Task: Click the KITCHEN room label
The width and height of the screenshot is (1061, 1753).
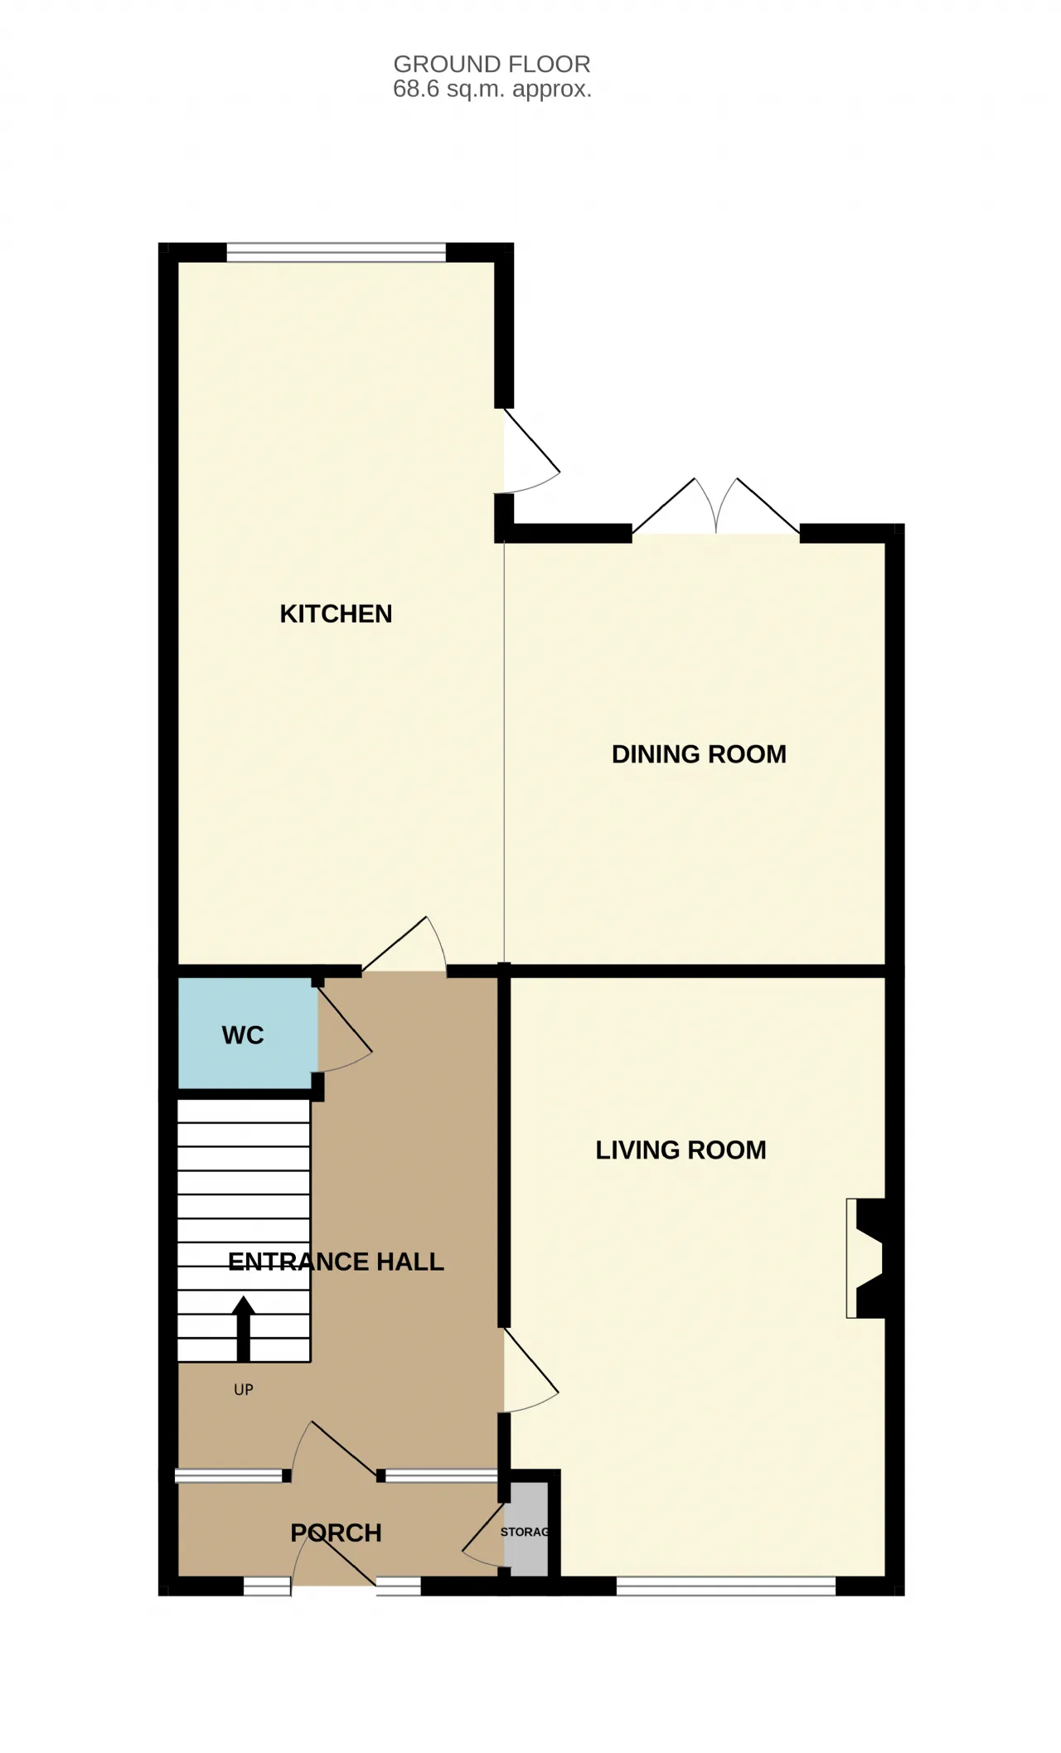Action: click(x=336, y=614)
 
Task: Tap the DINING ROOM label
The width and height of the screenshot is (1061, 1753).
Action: click(x=699, y=754)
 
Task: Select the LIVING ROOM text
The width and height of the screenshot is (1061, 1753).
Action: click(x=681, y=1150)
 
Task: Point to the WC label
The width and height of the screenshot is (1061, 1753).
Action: click(x=243, y=1035)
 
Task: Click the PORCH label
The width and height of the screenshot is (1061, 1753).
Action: click(x=336, y=1533)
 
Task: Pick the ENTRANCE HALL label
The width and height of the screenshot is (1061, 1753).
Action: click(x=336, y=1261)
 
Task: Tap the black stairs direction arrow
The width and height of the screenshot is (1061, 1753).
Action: click(x=243, y=1329)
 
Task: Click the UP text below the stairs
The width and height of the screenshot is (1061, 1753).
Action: click(x=244, y=1390)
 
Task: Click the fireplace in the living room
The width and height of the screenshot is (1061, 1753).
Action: click(x=866, y=1258)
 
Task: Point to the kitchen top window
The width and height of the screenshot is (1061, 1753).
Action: click(x=337, y=252)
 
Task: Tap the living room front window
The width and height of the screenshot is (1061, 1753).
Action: click(x=726, y=1586)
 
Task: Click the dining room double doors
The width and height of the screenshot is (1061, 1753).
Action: click(x=716, y=507)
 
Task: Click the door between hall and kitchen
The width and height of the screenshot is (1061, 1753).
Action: click(x=405, y=945)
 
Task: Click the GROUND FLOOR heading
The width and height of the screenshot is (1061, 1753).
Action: click(x=492, y=64)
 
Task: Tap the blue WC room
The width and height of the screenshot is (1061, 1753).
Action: click(x=248, y=1034)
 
